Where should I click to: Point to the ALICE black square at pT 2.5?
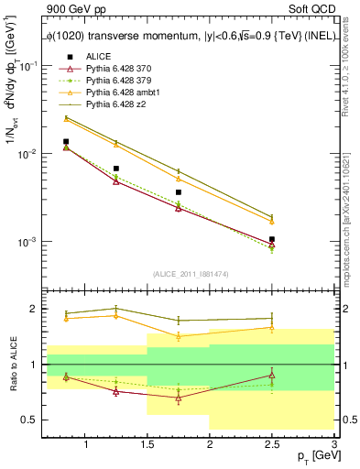click(272, 239)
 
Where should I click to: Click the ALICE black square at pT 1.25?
click(116, 169)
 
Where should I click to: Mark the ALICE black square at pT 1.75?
click(179, 192)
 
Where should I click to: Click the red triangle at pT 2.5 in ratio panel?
click(272, 375)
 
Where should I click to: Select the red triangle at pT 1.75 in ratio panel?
click(179, 398)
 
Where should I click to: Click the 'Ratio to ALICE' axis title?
click(12, 365)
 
